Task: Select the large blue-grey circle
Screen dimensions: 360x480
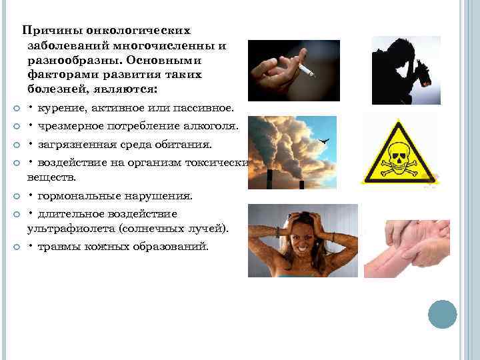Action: (442, 314)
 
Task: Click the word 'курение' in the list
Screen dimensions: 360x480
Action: (61, 108)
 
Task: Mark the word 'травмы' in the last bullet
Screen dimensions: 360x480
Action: (58, 247)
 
